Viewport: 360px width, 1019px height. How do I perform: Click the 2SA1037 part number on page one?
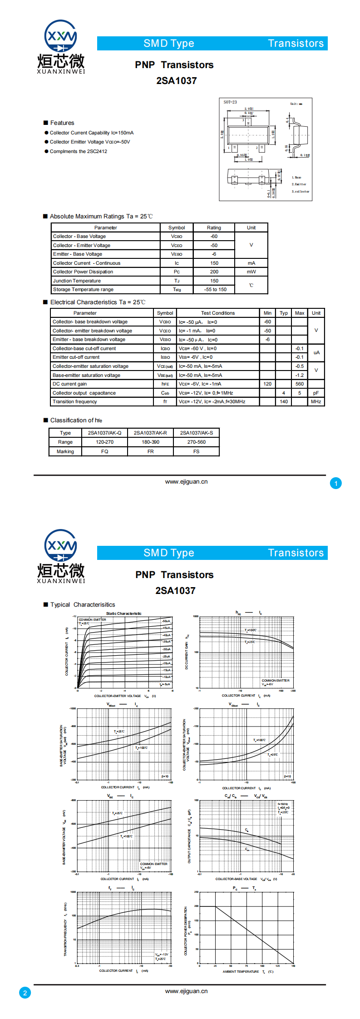point(176,81)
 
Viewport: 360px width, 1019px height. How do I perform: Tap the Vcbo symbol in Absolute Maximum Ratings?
point(177,237)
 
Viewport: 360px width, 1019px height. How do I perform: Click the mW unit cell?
point(251,272)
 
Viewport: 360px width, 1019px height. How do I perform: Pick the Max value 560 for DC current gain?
point(300,384)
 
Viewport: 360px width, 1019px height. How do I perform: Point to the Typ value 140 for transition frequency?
point(284,401)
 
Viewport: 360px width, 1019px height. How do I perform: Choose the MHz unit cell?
point(316,401)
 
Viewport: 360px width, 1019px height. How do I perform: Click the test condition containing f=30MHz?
point(212,401)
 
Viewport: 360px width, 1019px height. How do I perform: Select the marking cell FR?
point(150,451)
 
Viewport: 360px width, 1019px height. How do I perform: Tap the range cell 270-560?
point(196,442)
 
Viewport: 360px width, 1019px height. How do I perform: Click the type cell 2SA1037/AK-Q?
point(104,433)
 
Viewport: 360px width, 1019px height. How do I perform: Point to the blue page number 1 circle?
point(336,483)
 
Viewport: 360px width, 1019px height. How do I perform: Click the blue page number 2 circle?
point(25,993)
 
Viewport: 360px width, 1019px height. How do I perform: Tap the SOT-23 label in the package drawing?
point(230,102)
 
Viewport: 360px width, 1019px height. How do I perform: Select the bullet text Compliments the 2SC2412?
point(78,152)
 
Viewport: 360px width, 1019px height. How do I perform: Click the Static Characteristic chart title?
point(123,613)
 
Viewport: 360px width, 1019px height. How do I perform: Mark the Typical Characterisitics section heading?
point(83,604)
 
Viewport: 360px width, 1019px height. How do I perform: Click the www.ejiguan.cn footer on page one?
point(186,482)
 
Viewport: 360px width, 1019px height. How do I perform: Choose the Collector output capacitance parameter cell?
point(84,393)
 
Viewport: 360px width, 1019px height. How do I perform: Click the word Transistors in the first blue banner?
point(296,44)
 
